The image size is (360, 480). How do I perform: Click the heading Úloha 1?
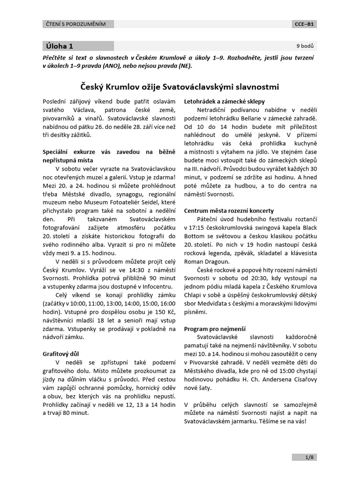(x=60, y=46)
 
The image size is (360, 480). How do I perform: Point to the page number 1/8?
(x=308, y=457)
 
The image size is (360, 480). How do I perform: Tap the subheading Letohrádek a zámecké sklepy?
(x=225, y=101)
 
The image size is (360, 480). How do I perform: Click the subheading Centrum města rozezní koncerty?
(x=229, y=210)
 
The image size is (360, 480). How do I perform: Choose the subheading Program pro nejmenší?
(x=215, y=329)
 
